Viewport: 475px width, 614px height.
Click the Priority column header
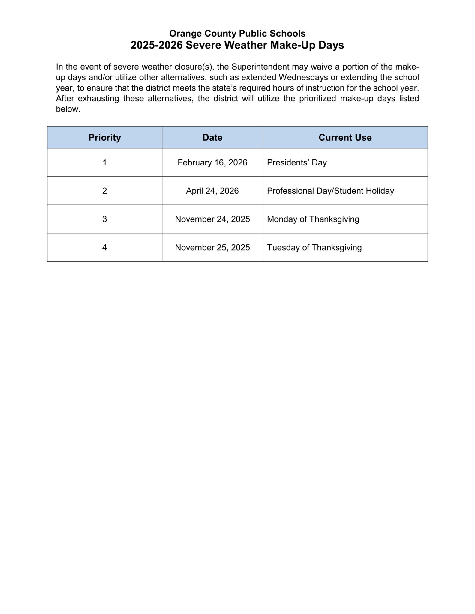[x=104, y=138]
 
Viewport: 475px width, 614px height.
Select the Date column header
[x=212, y=138]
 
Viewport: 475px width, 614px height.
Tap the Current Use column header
[x=345, y=138]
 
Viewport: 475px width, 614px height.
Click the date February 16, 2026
[x=212, y=163]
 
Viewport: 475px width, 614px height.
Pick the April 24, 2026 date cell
[x=212, y=191]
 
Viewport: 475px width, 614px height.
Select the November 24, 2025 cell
[x=212, y=219]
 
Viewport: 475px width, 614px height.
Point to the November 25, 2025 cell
[x=212, y=248]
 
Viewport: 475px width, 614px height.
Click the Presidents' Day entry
[x=296, y=163]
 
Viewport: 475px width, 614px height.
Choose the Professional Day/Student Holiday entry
[x=330, y=191]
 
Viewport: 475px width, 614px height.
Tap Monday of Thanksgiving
[x=313, y=219]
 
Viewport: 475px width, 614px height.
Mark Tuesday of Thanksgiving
[x=314, y=248]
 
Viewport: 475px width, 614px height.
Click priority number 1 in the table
[x=104, y=163]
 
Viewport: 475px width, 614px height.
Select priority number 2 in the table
[x=104, y=191]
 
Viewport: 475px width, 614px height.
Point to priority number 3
[x=104, y=219]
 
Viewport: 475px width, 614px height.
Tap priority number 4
[x=104, y=248]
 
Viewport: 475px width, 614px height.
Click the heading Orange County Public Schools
[x=237, y=33]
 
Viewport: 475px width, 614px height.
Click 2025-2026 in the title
[x=156, y=45]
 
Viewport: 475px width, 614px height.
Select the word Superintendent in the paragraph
[x=260, y=67]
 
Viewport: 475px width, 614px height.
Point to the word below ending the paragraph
[x=68, y=109]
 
